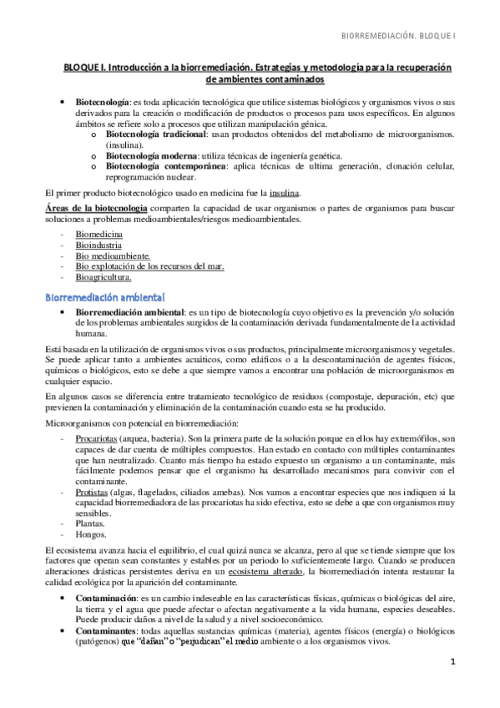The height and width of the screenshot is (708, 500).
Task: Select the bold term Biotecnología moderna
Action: (151, 155)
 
